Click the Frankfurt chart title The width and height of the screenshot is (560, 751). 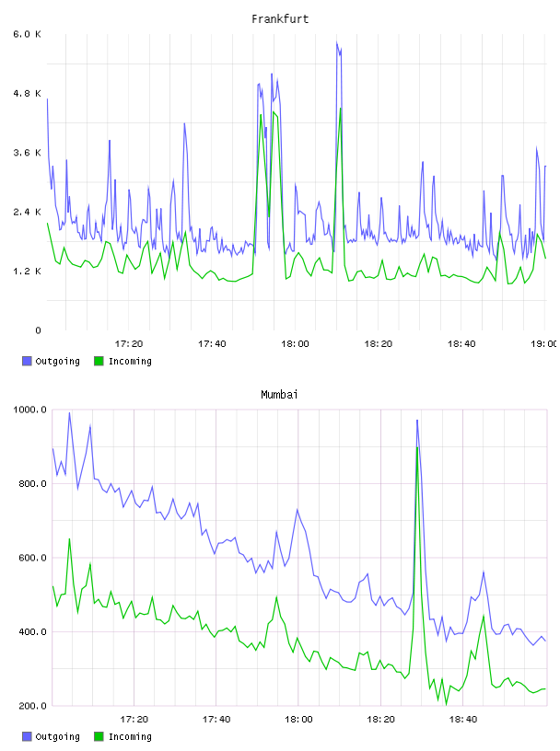click(x=280, y=19)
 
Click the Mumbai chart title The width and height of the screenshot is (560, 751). click(x=279, y=394)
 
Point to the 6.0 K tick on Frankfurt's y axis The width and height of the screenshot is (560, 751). click(x=28, y=34)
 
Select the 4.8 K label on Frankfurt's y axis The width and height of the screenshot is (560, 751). click(x=28, y=93)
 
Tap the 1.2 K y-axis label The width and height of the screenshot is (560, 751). click(x=28, y=272)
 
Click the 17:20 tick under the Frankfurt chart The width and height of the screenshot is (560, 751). click(x=129, y=343)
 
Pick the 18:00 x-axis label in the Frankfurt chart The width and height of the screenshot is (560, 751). click(x=295, y=343)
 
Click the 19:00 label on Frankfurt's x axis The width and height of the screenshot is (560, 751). click(x=544, y=343)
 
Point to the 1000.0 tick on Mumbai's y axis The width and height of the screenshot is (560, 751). click(x=29, y=410)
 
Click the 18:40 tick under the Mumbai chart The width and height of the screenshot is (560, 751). click(x=463, y=719)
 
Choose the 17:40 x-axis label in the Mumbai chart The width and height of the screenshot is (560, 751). click(x=216, y=719)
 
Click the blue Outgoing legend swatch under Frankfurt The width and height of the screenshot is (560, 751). click(x=27, y=361)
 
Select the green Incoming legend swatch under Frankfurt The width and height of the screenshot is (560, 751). click(x=99, y=361)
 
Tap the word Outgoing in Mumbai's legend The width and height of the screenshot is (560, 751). click(x=57, y=736)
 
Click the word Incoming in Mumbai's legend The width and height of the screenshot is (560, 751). click(x=130, y=736)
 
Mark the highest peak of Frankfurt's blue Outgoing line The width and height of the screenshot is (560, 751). click(x=336, y=42)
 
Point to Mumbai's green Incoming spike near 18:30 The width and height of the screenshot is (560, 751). click(x=417, y=447)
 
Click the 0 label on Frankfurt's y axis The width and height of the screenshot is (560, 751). click(x=38, y=330)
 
